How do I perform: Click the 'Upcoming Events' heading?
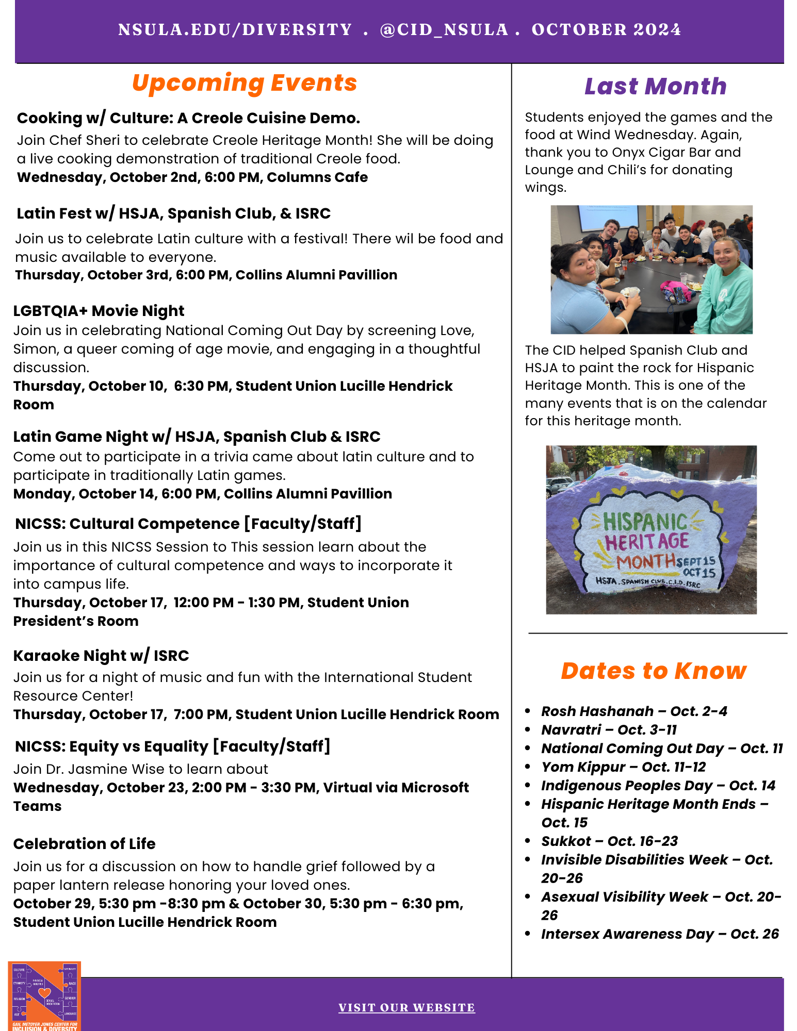click(244, 83)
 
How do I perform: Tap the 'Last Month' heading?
click(655, 86)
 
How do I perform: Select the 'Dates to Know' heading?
click(654, 671)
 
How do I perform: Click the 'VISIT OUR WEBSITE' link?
click(406, 1007)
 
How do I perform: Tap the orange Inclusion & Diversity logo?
click(44, 996)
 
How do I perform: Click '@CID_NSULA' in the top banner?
click(444, 29)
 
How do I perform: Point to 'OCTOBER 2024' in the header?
click(606, 29)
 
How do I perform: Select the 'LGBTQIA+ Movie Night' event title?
click(99, 311)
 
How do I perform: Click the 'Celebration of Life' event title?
click(84, 844)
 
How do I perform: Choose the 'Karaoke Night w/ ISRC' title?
click(101, 656)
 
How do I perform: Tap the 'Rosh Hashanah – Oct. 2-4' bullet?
click(634, 711)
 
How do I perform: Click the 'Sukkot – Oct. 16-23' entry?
click(609, 841)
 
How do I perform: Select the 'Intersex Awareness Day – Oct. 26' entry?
click(660, 934)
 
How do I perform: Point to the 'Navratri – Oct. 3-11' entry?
click(609, 730)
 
